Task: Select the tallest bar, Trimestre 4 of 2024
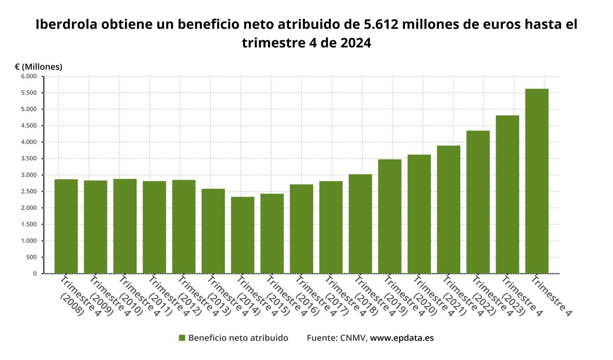tap(536, 181)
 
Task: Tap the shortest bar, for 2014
tap(243, 235)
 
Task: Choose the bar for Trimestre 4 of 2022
tap(478, 202)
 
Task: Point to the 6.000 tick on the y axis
tap(29, 77)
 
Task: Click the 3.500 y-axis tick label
tap(29, 159)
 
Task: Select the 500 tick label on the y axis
tap(32, 257)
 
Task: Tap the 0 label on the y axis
tap(35, 274)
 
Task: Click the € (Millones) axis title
tap(38, 67)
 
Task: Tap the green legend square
tap(182, 338)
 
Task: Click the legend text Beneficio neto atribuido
tap(238, 338)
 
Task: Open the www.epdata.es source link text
tap(402, 338)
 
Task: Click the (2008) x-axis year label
tap(72, 304)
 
